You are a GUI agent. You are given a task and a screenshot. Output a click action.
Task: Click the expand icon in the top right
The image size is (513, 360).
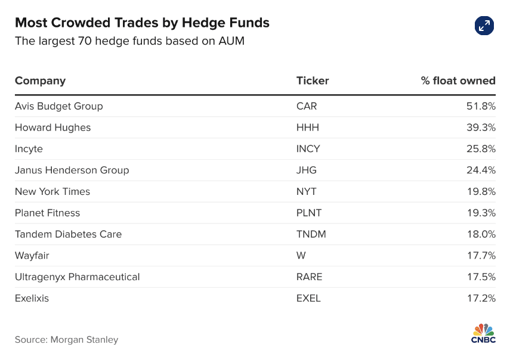point(484,25)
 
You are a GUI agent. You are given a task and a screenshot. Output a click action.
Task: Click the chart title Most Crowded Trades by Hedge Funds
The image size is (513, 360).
point(142,23)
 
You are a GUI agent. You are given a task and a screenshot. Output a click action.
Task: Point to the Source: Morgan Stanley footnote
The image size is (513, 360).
point(66,340)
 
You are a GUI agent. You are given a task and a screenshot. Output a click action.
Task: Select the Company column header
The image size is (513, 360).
point(40,80)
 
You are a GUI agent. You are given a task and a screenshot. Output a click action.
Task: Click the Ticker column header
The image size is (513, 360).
point(312,80)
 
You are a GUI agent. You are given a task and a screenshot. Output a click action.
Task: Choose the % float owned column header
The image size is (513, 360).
point(458,80)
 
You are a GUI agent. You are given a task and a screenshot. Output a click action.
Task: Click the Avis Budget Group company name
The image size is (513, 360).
point(58,106)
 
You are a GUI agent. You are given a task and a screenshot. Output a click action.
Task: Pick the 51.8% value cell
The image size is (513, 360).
point(481,106)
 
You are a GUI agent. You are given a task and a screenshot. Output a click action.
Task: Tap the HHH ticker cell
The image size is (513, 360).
point(308,128)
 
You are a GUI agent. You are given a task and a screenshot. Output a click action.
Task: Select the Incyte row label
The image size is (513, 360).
point(29,149)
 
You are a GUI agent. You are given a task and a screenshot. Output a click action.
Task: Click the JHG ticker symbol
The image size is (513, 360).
point(306,170)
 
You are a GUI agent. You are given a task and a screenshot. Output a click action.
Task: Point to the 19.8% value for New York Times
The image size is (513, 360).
point(481,191)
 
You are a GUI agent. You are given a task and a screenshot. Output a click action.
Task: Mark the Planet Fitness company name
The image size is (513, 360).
point(47,213)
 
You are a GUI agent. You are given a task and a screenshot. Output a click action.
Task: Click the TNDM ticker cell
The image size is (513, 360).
point(311,234)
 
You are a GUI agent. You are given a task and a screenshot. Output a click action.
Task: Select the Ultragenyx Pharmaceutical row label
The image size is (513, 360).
point(77,277)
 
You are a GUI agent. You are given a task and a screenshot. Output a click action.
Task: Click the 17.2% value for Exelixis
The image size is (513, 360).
point(481,298)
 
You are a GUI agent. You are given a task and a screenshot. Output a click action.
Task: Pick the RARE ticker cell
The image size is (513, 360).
point(309,277)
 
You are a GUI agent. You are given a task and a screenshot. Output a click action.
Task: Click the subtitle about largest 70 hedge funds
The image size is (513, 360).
point(129,41)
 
